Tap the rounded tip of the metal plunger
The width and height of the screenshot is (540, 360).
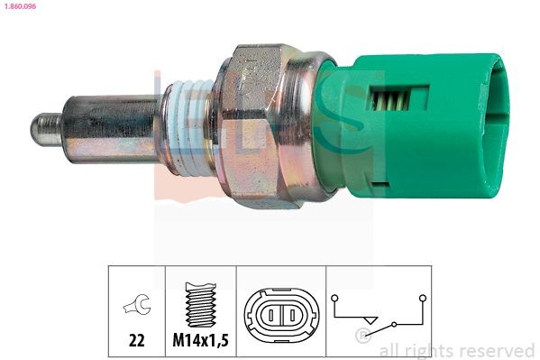[39, 128]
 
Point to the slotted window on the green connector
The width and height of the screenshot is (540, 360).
[397, 105]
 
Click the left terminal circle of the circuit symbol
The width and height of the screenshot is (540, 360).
[335, 295]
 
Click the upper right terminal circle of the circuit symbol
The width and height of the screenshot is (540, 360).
[421, 295]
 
